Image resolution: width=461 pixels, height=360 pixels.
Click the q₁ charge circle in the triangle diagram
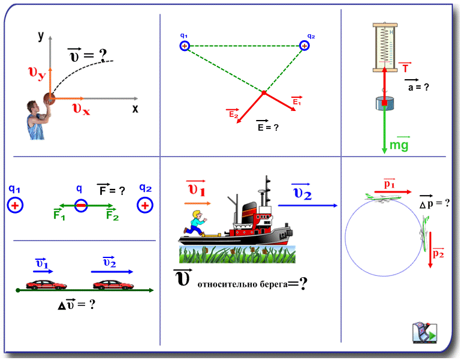(185, 46)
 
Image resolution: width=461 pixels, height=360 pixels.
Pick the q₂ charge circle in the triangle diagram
(305, 46)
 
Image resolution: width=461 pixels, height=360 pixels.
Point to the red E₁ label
(296, 102)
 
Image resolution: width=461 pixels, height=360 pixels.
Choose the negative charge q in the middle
(81, 206)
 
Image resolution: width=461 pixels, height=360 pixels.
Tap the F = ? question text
(111, 190)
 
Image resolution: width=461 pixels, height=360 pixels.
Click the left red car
(41, 284)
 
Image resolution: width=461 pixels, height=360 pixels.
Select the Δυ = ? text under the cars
(76, 304)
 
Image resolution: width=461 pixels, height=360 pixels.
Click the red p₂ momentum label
(439, 254)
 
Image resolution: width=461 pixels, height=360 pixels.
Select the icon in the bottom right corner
(424, 333)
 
